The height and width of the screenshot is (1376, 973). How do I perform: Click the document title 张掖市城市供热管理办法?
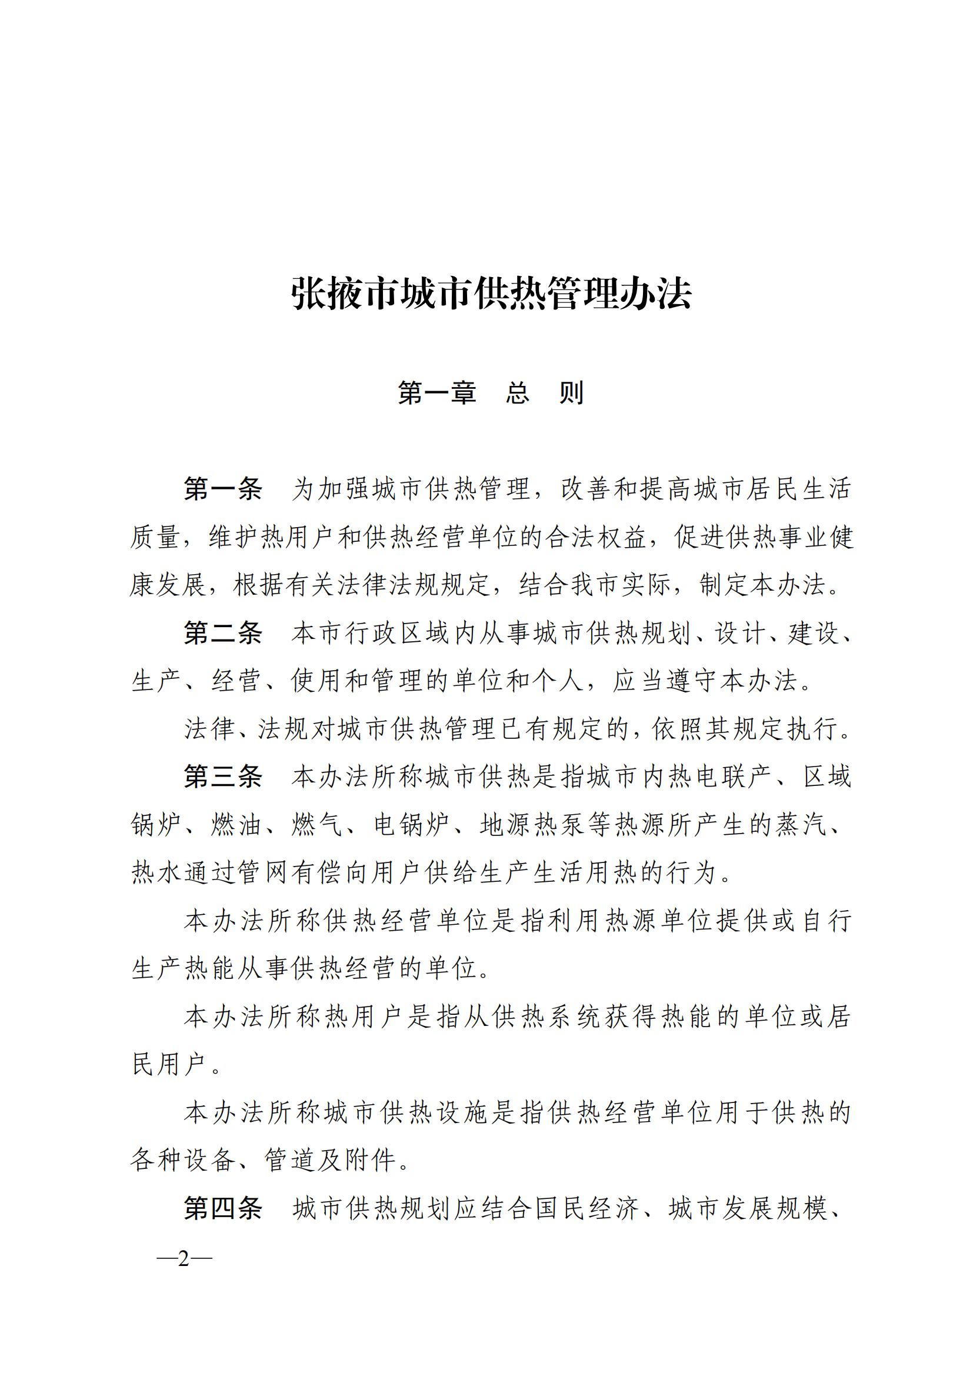pos(491,294)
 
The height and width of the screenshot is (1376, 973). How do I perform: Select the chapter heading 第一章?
pos(436,393)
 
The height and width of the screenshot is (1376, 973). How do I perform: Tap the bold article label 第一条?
pos(223,489)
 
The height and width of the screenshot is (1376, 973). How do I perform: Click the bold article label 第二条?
pos(223,633)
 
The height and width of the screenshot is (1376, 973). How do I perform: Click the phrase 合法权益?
pos(595,537)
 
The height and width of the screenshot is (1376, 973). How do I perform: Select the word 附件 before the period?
pos(371,1160)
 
